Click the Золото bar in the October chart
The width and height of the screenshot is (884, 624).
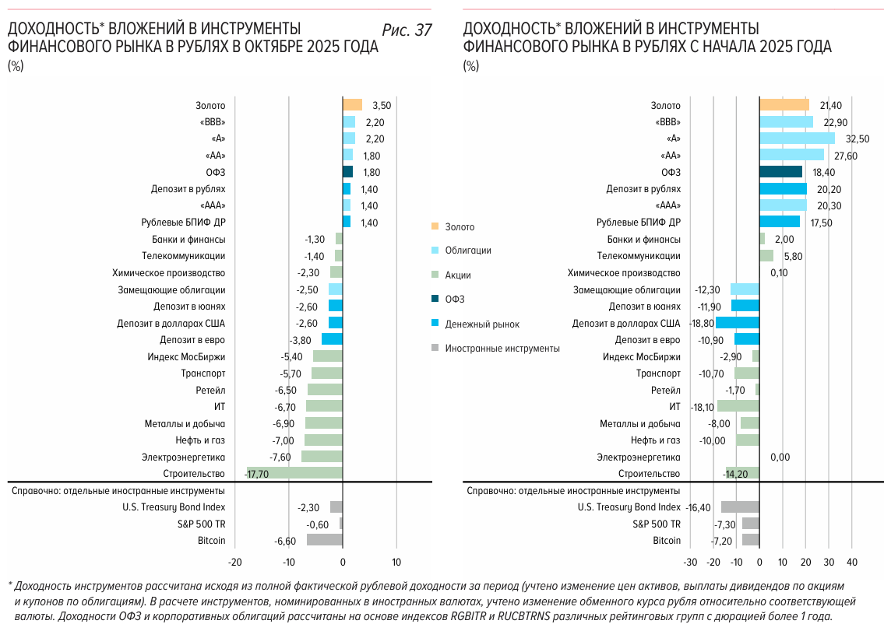pyautogui.click(x=352, y=105)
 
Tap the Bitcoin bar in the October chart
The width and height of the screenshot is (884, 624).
pyautogui.click(x=324, y=540)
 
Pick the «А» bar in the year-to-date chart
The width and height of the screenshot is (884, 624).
pyautogui.click(x=797, y=138)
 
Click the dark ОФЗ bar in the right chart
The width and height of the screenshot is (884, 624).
pyautogui.click(x=780, y=172)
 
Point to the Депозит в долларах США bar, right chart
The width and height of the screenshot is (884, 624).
pyautogui.click(x=738, y=323)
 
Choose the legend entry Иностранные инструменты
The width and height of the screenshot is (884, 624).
pyautogui.click(x=502, y=349)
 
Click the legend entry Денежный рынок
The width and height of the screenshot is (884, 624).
pyautogui.click(x=482, y=324)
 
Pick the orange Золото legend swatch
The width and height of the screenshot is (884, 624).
pyautogui.click(x=435, y=226)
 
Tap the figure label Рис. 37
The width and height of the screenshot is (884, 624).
pyautogui.click(x=407, y=30)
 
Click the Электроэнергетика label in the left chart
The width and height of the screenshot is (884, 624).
pyautogui.click(x=183, y=457)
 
